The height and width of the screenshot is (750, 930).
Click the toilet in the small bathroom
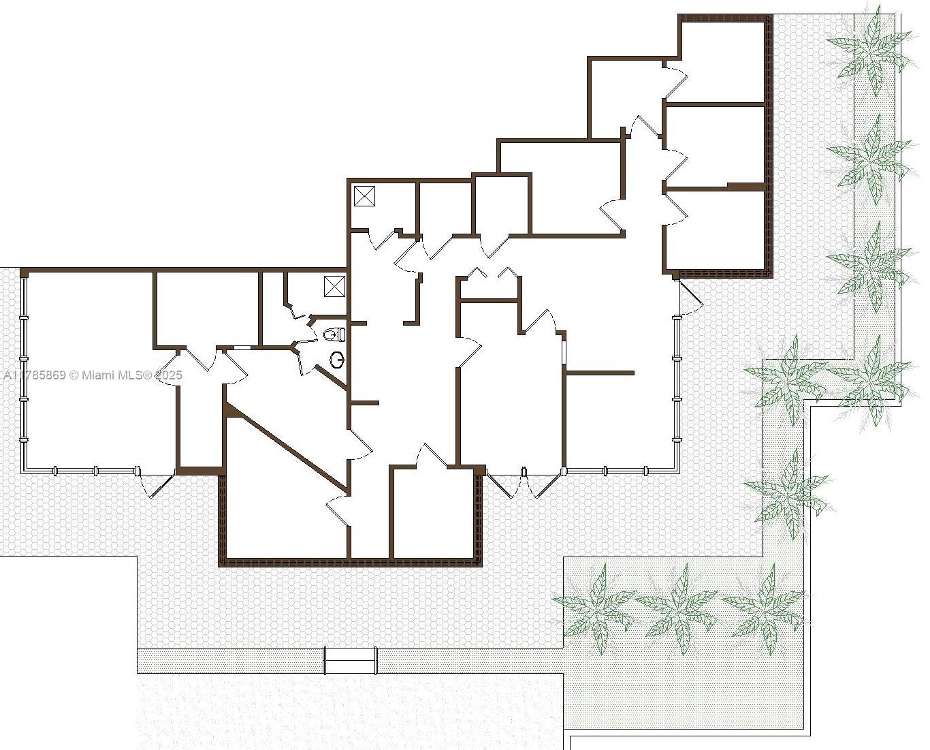335,334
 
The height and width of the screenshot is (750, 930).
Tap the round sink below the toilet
338,359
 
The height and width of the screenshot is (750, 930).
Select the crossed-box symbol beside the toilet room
334,286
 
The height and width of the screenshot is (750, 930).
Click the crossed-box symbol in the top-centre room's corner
364,196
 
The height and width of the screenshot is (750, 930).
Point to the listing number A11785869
35,375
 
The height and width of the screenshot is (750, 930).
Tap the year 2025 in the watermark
169,375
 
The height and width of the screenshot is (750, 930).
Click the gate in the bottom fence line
350,660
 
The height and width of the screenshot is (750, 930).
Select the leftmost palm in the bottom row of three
595,608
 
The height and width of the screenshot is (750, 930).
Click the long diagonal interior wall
287,448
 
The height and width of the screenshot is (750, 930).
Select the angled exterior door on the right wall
690,298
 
